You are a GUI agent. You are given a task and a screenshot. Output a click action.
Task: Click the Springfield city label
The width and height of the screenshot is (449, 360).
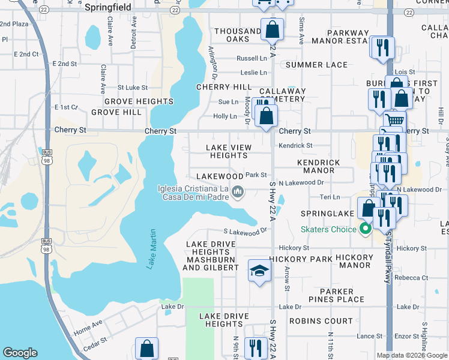pyautogui.click(x=109, y=8)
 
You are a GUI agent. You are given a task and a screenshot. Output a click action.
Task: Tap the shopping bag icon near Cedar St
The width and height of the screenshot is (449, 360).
pyautogui.click(x=146, y=348)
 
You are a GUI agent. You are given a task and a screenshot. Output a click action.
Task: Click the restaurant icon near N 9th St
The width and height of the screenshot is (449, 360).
pyautogui.click(x=256, y=347)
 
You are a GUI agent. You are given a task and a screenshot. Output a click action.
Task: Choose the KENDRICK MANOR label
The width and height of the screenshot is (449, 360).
pyautogui.click(x=319, y=166)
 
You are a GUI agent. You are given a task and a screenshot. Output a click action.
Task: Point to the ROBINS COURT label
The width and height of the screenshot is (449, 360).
pyautogui.click(x=321, y=321)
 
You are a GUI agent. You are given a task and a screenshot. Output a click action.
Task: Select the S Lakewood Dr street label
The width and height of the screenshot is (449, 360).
pyautogui.click(x=245, y=231)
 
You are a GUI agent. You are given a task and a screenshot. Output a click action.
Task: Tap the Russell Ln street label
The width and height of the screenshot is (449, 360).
pyautogui.click(x=252, y=59)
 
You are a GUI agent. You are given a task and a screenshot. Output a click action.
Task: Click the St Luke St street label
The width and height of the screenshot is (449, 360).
pyautogui.click(x=132, y=88)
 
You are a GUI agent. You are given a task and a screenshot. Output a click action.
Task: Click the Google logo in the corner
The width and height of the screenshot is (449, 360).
pyautogui.click(x=20, y=353)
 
